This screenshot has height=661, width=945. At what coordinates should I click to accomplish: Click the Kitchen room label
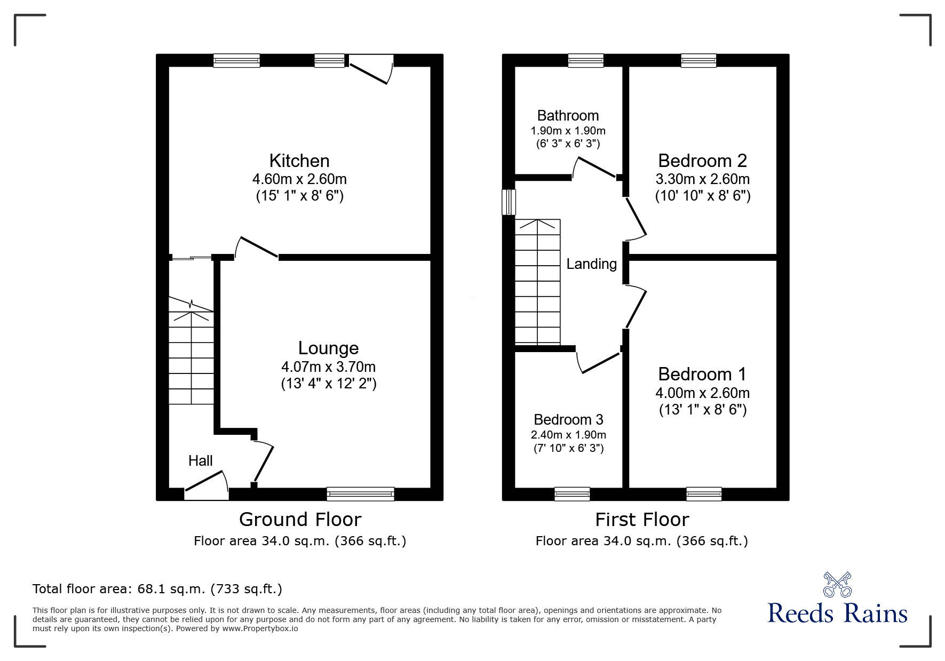point(299,161)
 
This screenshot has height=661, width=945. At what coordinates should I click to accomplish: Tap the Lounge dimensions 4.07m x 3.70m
point(328,367)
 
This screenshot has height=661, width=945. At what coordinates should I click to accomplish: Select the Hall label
point(200,461)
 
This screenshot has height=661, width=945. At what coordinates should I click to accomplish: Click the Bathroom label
point(568,116)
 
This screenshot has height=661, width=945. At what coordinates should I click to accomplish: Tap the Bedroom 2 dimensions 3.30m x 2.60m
point(702,179)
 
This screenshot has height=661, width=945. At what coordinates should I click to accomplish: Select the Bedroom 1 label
point(702,375)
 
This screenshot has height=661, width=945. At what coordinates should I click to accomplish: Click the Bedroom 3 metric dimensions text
point(568,435)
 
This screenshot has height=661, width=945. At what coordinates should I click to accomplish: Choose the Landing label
point(591,264)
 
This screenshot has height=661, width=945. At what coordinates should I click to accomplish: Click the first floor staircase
point(537,282)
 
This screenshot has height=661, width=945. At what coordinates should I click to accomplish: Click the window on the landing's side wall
point(509,202)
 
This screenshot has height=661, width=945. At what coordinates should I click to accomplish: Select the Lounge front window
point(360,494)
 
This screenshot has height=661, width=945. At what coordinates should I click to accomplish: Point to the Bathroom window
point(585,60)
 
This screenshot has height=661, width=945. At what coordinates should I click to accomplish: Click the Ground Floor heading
point(300,520)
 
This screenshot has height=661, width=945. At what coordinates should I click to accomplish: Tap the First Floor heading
point(642,520)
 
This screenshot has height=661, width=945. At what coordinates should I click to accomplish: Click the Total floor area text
point(157,589)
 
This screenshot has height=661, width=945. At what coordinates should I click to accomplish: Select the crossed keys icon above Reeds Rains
point(837,585)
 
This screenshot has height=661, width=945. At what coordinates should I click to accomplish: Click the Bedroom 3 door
point(599,362)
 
